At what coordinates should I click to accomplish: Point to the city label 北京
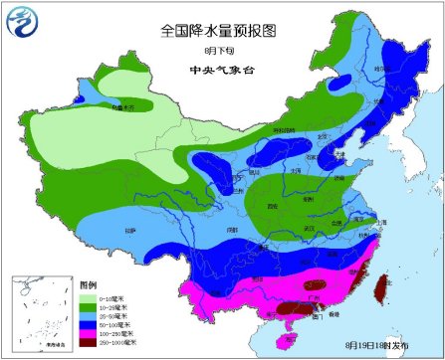pos(323,137)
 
